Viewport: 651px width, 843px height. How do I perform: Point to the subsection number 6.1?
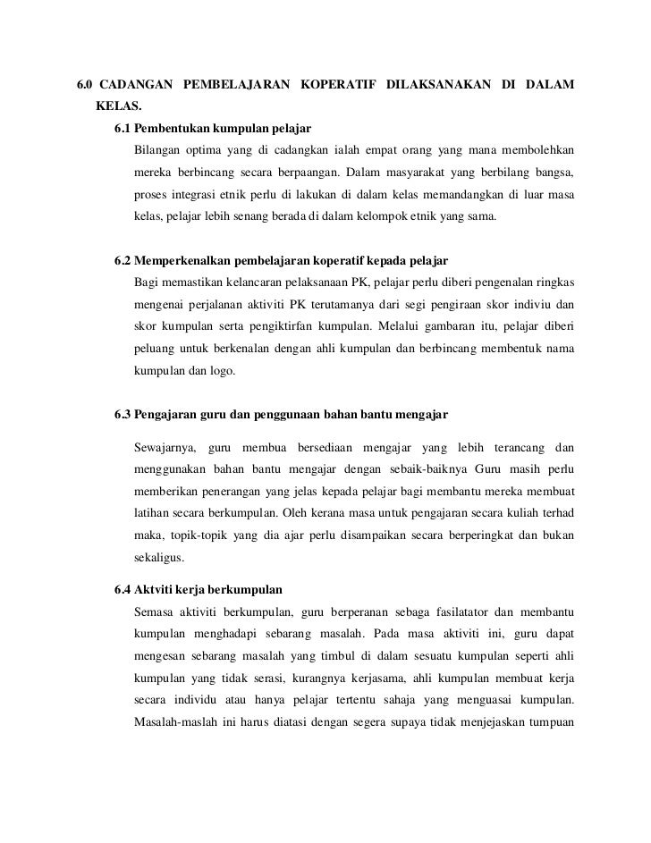124,126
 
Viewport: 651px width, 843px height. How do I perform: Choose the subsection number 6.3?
124,415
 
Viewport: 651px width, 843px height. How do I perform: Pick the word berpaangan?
301,171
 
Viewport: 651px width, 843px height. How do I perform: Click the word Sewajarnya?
163,446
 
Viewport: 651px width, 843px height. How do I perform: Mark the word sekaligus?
158,559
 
